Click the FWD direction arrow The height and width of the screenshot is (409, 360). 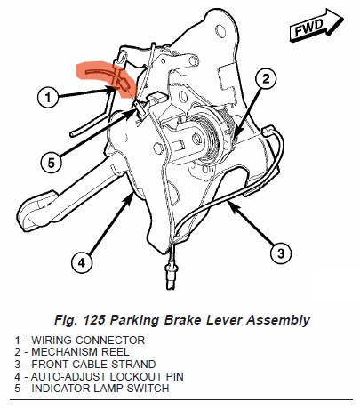[x=316, y=25]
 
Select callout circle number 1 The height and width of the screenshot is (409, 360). [x=48, y=97]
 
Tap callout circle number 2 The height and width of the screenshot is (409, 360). [x=266, y=79]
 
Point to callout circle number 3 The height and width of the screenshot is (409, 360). [x=281, y=253]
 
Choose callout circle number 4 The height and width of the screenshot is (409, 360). [x=82, y=262]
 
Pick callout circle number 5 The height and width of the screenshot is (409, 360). [x=52, y=163]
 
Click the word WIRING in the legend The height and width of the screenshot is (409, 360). [x=52, y=341]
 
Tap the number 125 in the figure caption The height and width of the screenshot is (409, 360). [x=94, y=320]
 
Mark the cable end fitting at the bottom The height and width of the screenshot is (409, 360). [x=170, y=276]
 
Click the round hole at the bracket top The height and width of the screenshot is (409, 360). [x=220, y=30]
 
